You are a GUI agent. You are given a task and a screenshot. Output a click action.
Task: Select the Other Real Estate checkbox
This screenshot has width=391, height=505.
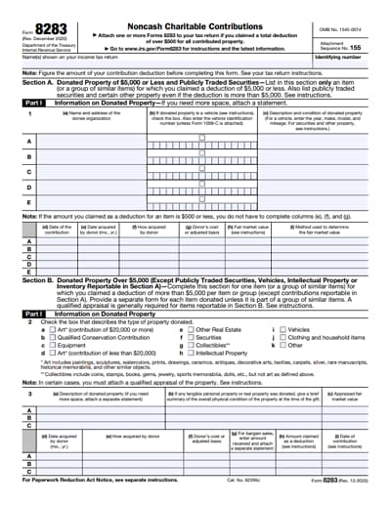pos(191,331)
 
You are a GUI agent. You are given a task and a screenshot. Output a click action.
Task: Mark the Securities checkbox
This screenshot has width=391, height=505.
pos(191,338)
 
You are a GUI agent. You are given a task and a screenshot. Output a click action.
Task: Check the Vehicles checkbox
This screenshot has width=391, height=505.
pos(282,331)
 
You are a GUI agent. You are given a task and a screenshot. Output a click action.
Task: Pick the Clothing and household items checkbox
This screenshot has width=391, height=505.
pos(282,338)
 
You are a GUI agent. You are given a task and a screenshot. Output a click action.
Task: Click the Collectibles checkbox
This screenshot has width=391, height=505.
pos(191,345)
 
